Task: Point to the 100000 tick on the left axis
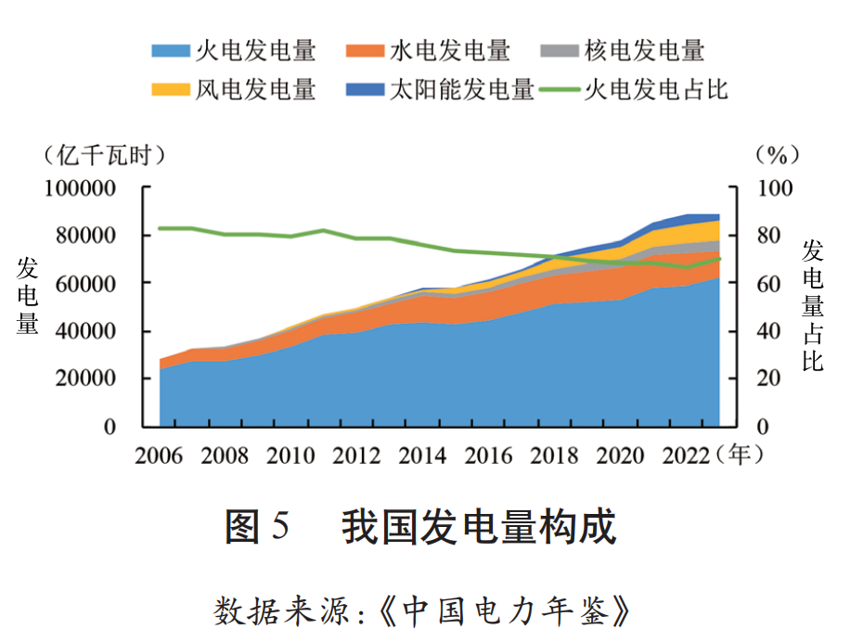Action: click(92, 188)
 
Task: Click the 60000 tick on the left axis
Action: click(97, 283)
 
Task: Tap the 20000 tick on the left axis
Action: click(97, 379)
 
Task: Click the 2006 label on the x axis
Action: click(160, 456)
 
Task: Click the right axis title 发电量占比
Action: click(813, 305)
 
